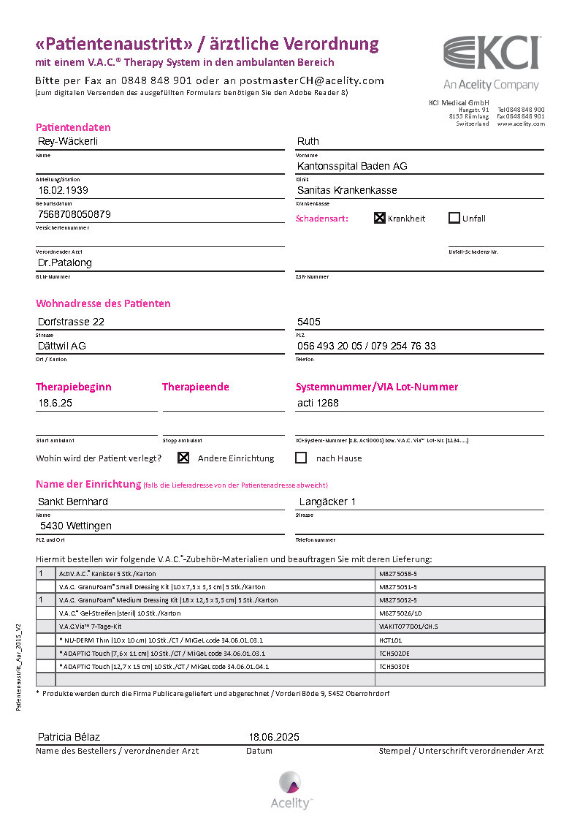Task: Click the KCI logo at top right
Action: click(x=491, y=54)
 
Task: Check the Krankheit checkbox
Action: click(x=380, y=218)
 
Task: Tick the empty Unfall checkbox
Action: click(x=454, y=218)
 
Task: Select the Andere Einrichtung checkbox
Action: click(x=183, y=458)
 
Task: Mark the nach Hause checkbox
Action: click(x=301, y=458)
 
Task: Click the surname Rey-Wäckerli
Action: click(x=68, y=141)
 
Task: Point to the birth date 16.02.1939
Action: click(x=64, y=190)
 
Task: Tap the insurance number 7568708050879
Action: click(x=75, y=214)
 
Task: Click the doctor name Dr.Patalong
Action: click(x=65, y=262)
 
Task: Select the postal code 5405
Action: click(x=309, y=322)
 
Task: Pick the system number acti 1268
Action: click(x=318, y=403)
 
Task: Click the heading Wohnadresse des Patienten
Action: click(x=103, y=303)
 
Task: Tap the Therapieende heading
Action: click(x=196, y=387)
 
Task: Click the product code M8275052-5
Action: click(x=398, y=600)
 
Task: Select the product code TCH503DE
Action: click(x=394, y=667)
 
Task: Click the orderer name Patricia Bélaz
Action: click(x=69, y=737)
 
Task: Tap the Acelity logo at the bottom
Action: click(x=291, y=790)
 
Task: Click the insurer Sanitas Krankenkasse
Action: click(x=347, y=190)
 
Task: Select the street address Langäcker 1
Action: click(x=327, y=502)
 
